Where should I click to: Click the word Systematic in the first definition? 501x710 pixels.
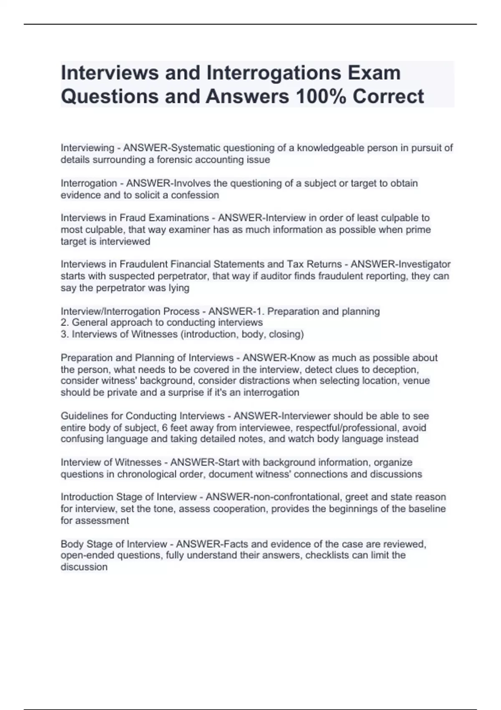196,148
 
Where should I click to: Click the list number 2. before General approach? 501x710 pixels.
65,322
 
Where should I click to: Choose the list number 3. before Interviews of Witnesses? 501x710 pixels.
65,334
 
